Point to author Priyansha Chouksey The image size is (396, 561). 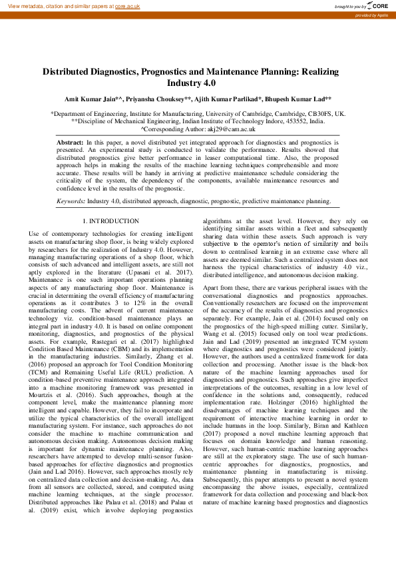click(x=158, y=99)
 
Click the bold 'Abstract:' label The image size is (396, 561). click(x=70, y=143)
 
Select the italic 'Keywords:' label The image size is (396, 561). click(x=71, y=201)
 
